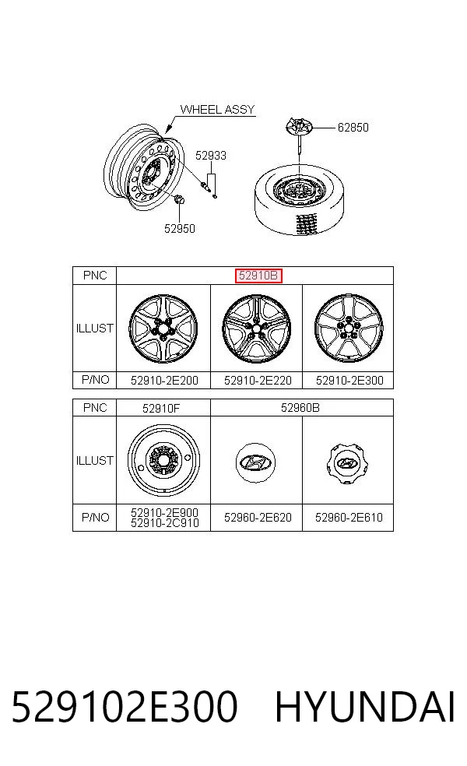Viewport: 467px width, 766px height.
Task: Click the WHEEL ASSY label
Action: pos(217,110)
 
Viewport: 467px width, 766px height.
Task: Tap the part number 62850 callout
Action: pos(353,128)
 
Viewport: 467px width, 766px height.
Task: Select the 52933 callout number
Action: pos(211,156)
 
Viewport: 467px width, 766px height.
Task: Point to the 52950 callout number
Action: pos(179,229)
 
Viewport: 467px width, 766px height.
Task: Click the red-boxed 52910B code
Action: pos(258,276)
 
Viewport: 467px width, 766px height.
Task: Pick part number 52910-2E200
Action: pos(164,381)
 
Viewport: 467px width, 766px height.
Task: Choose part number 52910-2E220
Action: pos(258,381)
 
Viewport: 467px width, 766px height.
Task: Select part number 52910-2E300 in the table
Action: pos(349,381)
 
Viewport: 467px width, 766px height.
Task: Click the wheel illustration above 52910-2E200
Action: pos(163,329)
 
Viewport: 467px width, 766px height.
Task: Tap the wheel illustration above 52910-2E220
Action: pos(256,329)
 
